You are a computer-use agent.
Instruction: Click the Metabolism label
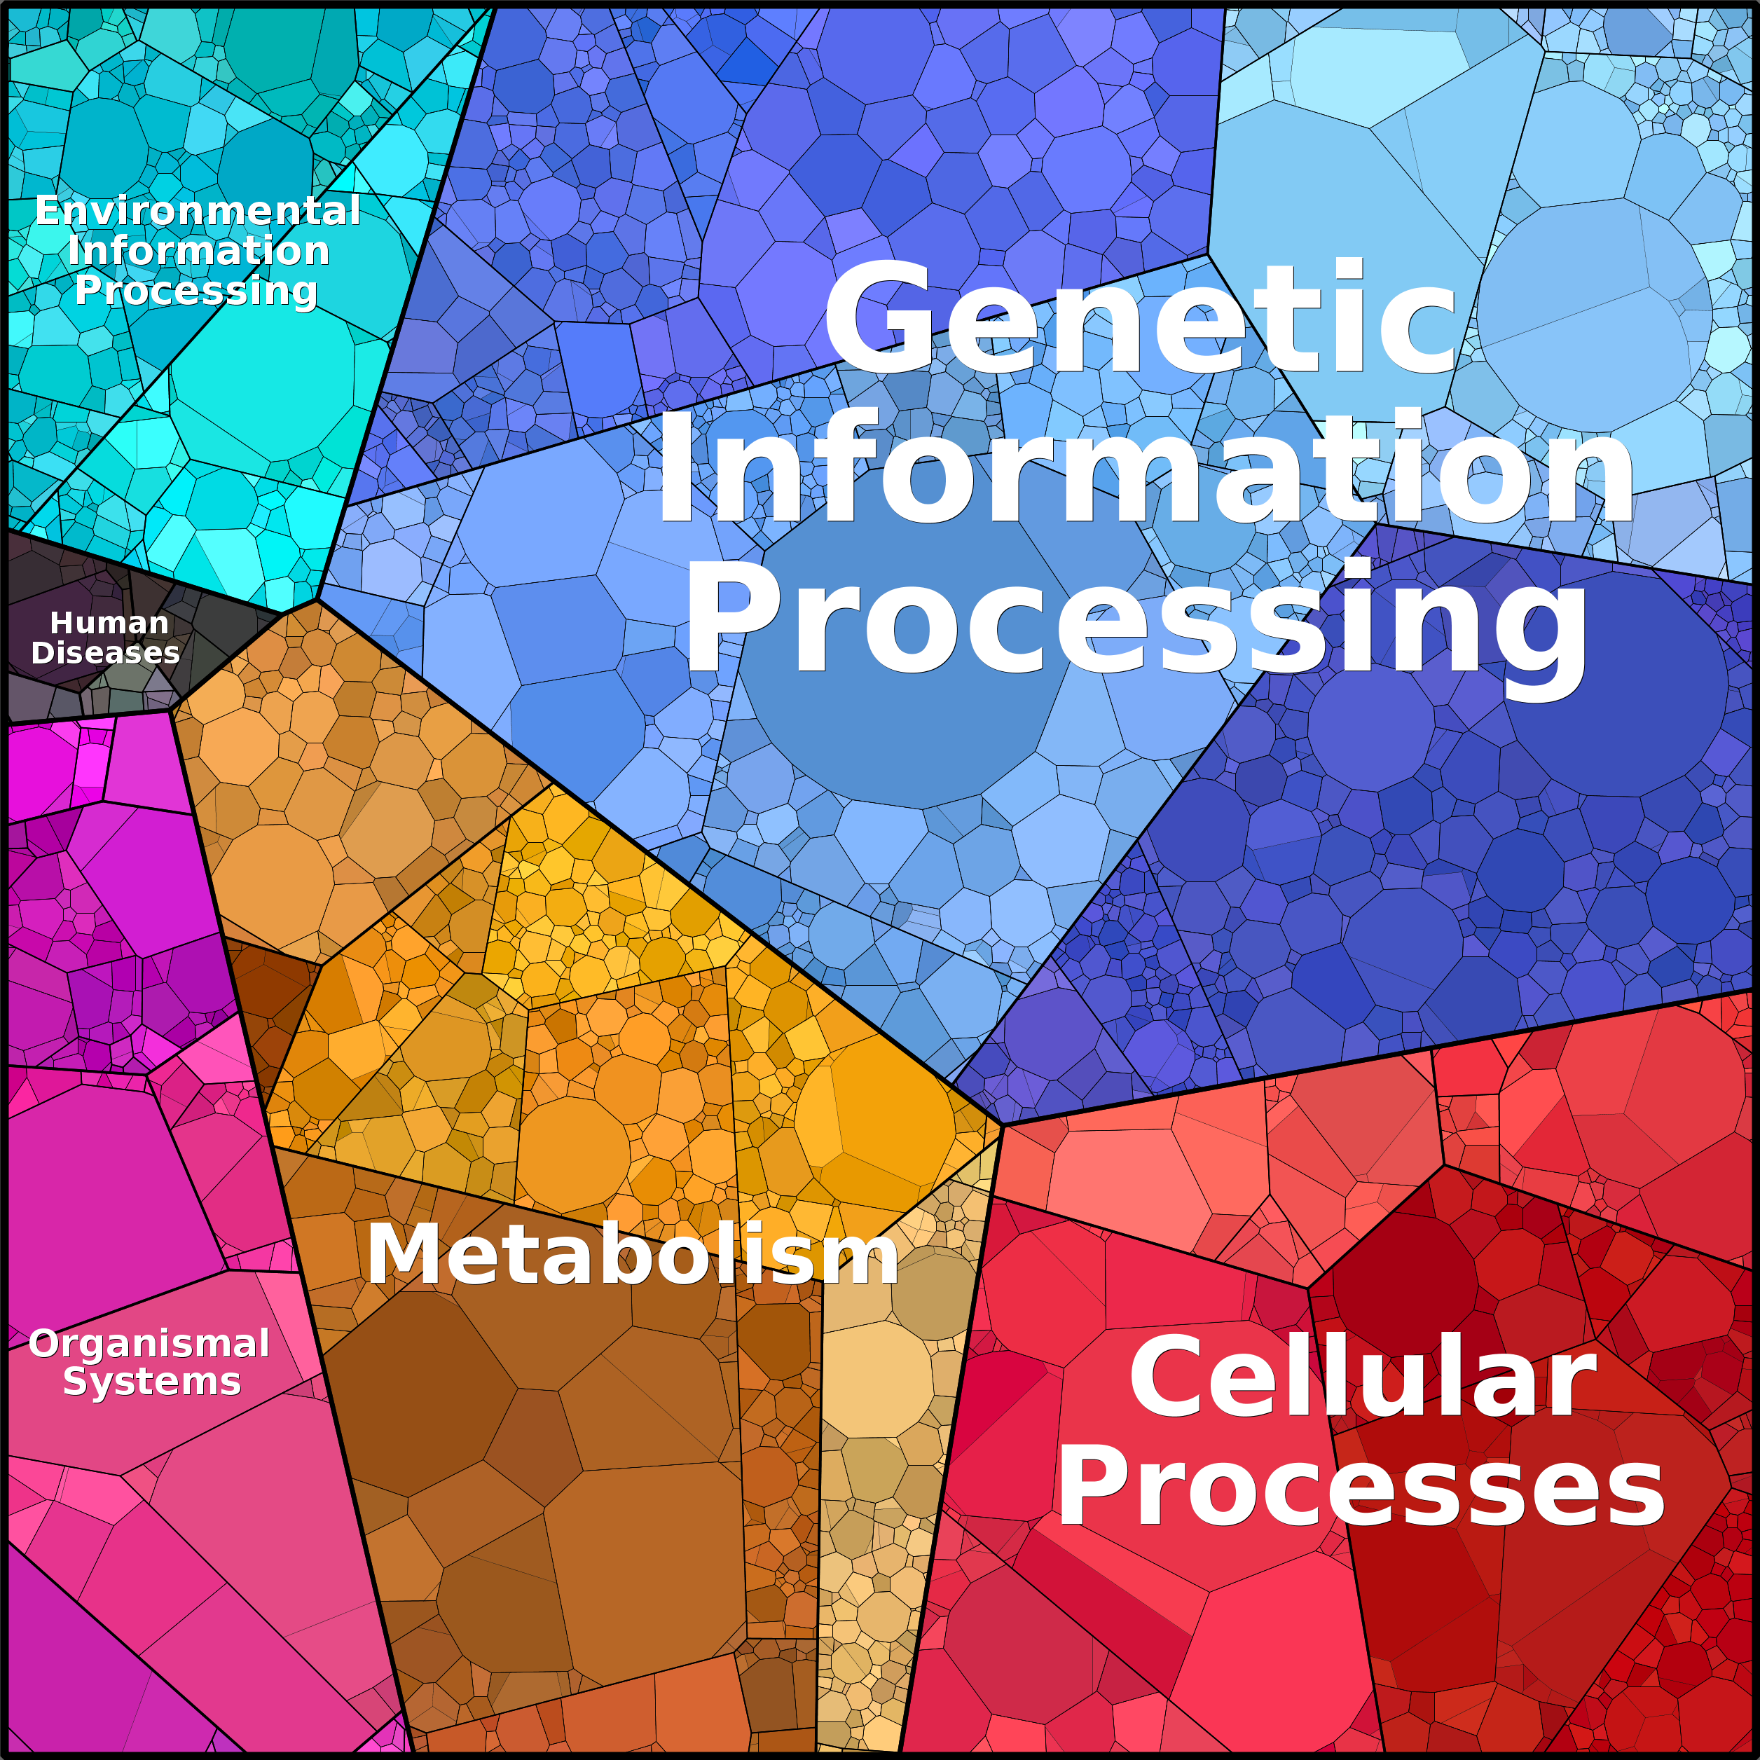(x=632, y=1254)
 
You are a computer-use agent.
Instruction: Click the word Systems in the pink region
(x=152, y=1382)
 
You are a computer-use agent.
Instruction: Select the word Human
(x=109, y=623)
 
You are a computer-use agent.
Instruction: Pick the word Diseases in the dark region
(x=106, y=653)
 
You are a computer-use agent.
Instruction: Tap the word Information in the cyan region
(x=198, y=251)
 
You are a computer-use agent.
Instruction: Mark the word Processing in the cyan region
(x=197, y=291)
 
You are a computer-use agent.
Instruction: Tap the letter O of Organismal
(x=46, y=1344)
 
